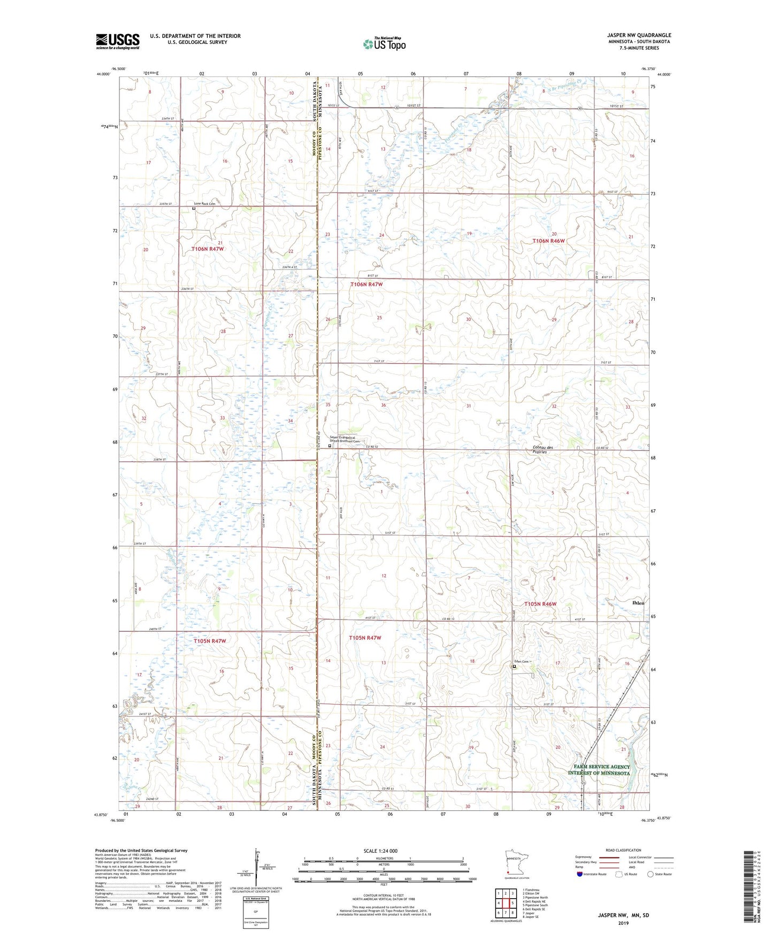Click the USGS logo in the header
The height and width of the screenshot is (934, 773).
(118, 41)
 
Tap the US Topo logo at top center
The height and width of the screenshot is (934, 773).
(384, 44)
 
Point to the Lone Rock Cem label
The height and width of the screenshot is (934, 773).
(204, 204)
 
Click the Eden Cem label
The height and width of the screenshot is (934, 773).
(521, 662)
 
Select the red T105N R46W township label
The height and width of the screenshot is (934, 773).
(540, 604)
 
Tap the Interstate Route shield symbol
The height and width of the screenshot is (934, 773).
(580, 875)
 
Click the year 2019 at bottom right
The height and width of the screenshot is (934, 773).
(623, 923)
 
